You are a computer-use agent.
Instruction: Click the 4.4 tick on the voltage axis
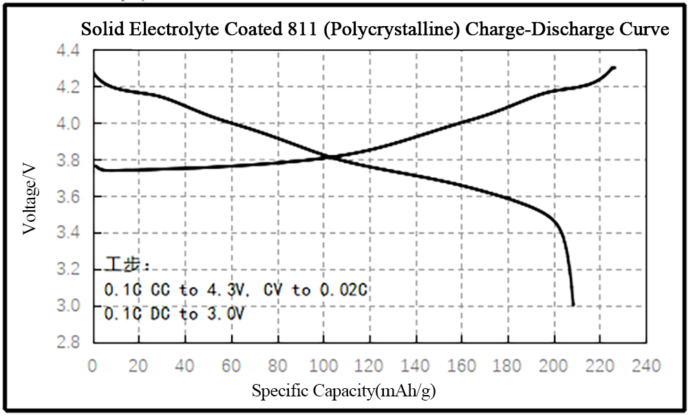pos(68,51)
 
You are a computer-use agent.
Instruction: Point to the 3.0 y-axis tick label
pos(68,305)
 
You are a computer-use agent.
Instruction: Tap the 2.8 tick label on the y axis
pos(68,341)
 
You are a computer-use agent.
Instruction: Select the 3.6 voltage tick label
pos(68,196)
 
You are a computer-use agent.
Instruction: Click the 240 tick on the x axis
pos(646,365)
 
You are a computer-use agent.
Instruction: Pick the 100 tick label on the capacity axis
pos(323,365)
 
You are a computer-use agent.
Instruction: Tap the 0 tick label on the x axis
pos(93,365)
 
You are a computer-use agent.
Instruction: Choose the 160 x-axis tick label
pos(462,365)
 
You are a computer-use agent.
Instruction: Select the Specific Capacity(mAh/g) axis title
pos(343,390)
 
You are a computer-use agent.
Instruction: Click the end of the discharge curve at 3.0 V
pos(573,305)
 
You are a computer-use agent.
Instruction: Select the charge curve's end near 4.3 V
pos(614,67)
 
